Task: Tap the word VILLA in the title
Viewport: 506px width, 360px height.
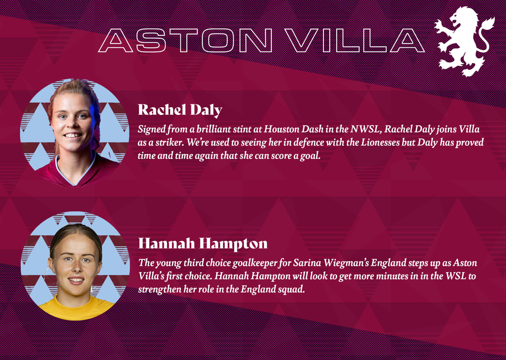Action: [x=354, y=40]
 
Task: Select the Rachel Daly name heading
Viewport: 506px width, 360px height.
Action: [x=180, y=110]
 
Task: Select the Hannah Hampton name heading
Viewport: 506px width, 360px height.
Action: [x=203, y=244]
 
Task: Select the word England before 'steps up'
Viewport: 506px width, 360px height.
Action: [x=388, y=263]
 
